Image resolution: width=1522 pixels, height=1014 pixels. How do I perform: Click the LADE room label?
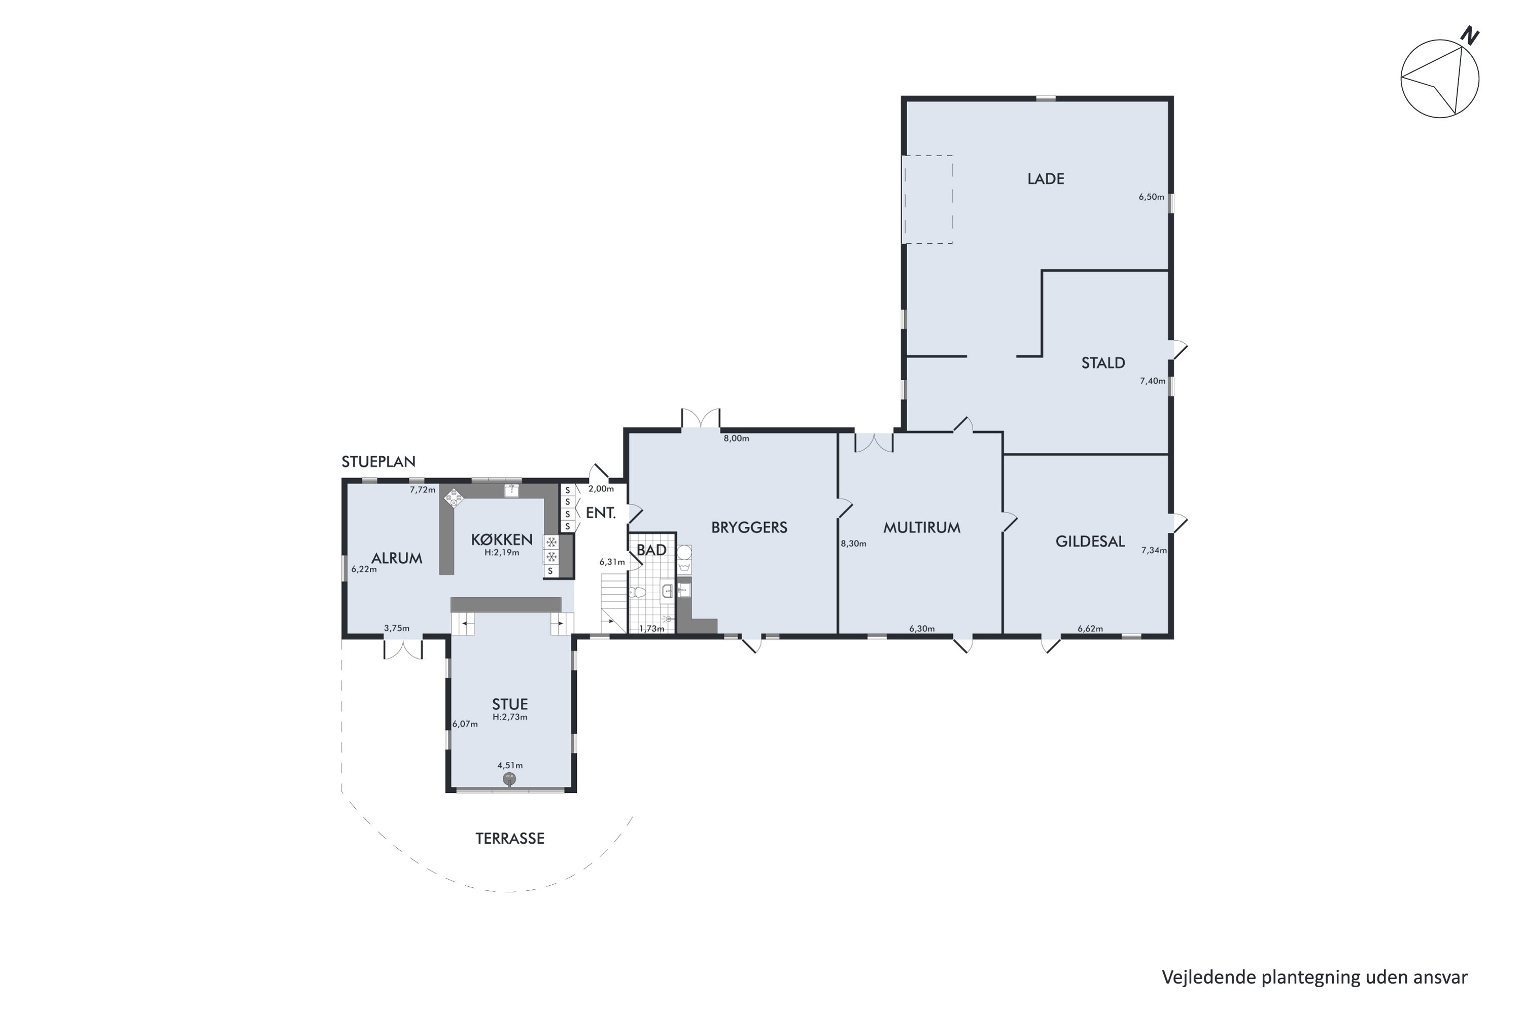point(1045,178)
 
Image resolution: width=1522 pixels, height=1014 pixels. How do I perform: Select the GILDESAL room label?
point(1090,541)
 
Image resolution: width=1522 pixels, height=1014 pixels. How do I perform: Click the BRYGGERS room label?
point(749,528)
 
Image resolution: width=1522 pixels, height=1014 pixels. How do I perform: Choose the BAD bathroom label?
point(651,550)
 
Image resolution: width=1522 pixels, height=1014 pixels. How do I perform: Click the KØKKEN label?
point(502,539)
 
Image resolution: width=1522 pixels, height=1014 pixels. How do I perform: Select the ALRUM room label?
point(396,558)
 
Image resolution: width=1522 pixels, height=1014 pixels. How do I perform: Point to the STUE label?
point(509,704)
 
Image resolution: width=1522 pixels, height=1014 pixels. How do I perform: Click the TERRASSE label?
point(509,839)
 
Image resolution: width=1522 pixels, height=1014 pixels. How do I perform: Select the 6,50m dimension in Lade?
point(1151,197)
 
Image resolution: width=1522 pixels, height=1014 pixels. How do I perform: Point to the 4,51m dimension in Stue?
point(510,766)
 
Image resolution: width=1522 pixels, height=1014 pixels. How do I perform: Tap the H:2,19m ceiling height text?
point(502,553)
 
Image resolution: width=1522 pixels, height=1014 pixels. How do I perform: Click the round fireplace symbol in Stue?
point(509,779)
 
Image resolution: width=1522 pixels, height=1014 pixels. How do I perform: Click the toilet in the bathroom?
point(638,592)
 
